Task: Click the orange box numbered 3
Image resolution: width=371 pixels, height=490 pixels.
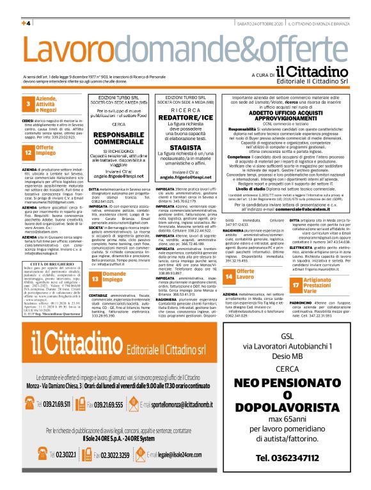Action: [x=28, y=104]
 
